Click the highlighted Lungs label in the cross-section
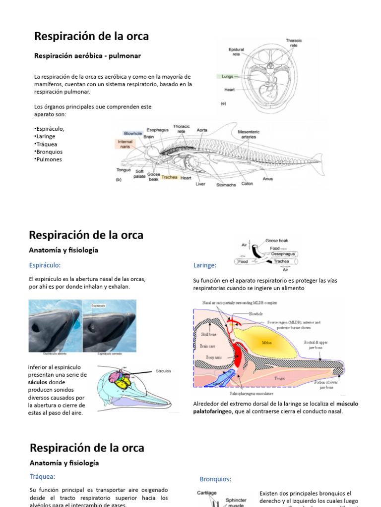227,77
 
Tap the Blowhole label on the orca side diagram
132,133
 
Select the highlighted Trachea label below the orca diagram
169,177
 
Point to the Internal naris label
125,144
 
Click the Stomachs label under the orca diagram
226,185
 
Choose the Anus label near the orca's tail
268,179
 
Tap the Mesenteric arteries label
249,134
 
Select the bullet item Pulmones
49,159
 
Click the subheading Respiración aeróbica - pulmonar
87,56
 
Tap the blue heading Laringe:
205,266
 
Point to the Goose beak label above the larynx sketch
276,240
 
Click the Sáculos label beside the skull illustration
163,370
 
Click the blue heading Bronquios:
215,479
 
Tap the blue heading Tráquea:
42,476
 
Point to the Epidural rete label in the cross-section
236,52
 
